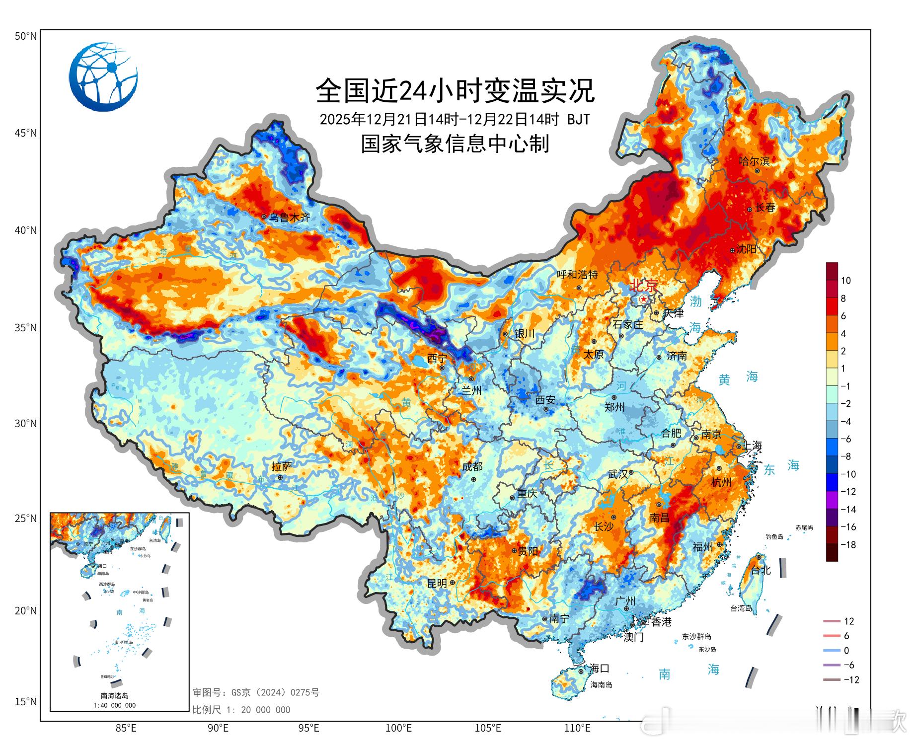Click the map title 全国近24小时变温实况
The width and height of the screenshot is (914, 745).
[455, 90]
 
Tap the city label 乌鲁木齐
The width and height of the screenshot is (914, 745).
[290, 217]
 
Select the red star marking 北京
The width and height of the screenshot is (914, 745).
[644, 299]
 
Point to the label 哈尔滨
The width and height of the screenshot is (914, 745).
[754, 161]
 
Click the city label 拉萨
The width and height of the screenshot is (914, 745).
[282, 466]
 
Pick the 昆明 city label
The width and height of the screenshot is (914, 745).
[437, 584]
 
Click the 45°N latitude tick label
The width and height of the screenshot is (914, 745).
[26, 133]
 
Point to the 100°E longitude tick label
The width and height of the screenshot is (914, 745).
[399, 728]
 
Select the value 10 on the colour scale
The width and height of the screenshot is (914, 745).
[845, 281]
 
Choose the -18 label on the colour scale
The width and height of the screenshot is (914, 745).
[848, 545]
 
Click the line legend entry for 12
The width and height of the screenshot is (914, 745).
[839, 621]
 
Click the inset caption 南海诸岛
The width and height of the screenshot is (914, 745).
[114, 696]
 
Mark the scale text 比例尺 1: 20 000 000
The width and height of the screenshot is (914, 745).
[241, 710]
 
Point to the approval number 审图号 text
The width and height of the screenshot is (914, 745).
[256, 692]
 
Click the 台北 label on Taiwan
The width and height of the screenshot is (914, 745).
[761, 570]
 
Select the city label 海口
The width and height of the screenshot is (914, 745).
[599, 668]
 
